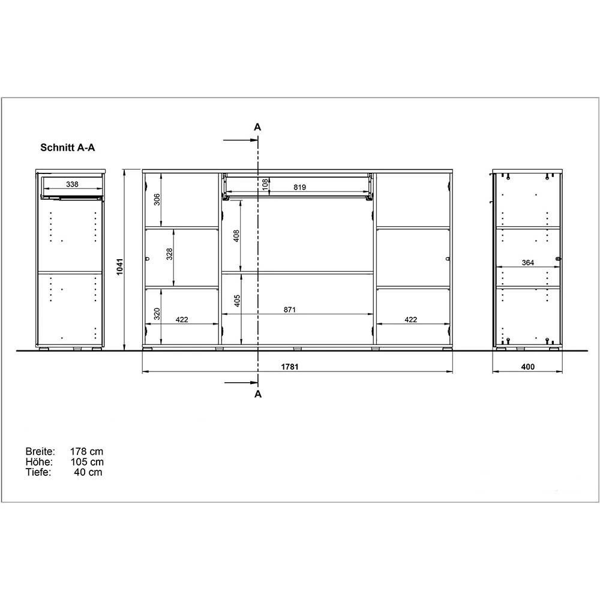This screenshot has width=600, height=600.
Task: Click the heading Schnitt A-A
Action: pos(68,148)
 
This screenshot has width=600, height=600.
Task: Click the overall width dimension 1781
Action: pos(290,367)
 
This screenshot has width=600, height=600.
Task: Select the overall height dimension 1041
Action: pos(120,267)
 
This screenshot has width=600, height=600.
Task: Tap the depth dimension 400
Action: pos(527,367)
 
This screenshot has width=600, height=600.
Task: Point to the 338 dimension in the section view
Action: pos(72,184)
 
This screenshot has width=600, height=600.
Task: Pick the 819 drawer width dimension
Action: pos(299,187)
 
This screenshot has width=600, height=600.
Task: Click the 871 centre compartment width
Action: pos(290,310)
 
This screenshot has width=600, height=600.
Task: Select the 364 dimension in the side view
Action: pos(527,263)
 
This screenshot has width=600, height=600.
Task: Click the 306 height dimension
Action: pos(157,199)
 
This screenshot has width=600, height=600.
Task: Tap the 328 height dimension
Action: pos(169,254)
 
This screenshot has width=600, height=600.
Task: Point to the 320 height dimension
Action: pos(157,314)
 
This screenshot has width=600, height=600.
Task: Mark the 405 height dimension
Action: pos(237,301)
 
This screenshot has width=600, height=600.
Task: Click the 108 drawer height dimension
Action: pos(265,184)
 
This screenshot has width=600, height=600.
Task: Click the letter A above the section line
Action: pos(257,127)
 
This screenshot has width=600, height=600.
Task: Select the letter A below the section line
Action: pos(258,394)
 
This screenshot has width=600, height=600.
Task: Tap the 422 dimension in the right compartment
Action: pos(410,320)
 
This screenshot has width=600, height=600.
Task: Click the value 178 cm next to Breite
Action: pos(86,452)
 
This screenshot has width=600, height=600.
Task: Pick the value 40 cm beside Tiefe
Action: pos(88,472)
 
